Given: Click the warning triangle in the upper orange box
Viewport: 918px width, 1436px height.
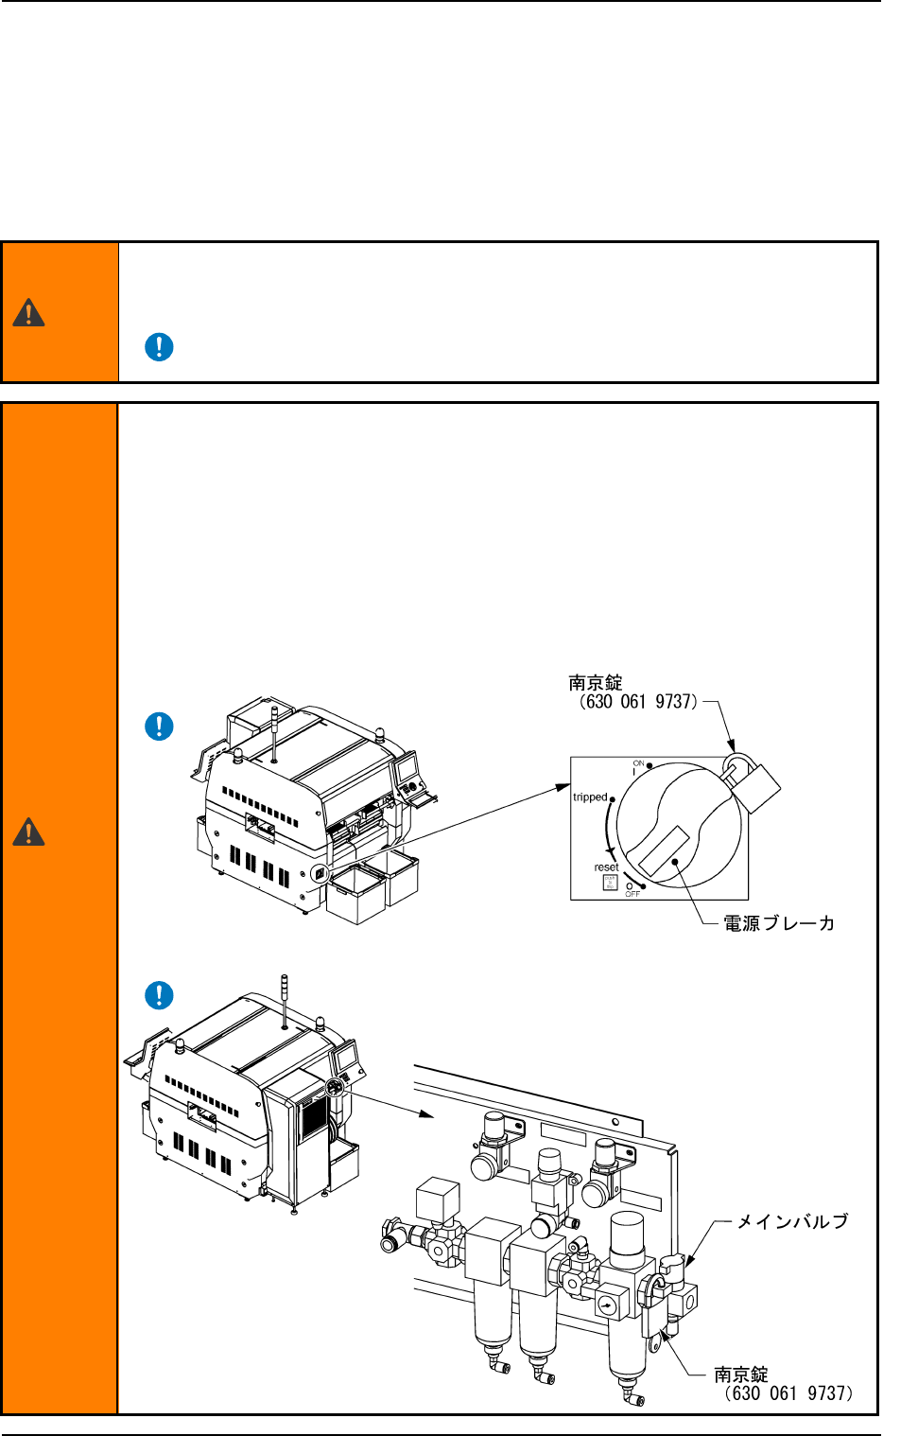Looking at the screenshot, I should [x=28, y=313].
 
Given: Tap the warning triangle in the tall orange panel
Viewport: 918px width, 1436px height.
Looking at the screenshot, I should [x=28, y=832].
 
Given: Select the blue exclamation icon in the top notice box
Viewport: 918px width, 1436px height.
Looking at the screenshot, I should [x=159, y=347].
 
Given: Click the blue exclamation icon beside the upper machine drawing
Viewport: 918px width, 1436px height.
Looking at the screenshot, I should [x=159, y=727].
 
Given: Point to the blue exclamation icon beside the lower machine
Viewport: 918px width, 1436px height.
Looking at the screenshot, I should [x=159, y=995].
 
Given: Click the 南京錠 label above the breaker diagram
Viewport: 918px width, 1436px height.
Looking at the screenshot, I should [x=596, y=683].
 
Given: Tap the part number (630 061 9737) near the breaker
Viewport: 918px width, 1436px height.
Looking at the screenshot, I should [x=638, y=702].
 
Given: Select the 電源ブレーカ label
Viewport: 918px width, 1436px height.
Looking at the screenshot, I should [x=779, y=923].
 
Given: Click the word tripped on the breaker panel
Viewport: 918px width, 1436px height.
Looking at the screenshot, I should [x=590, y=797].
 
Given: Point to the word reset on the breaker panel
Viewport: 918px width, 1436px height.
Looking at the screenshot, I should [x=606, y=867].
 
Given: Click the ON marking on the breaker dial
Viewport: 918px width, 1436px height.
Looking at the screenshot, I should [x=638, y=763].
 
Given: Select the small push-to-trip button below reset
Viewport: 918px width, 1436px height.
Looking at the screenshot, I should [x=610, y=883].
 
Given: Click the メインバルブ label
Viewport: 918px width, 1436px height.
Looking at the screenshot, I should [x=792, y=1222].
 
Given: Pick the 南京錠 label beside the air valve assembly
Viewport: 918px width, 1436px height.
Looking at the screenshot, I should [x=741, y=1375].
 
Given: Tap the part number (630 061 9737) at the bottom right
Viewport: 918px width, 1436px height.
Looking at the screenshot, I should [x=788, y=1393].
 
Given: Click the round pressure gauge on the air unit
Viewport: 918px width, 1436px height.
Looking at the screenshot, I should [x=607, y=1306].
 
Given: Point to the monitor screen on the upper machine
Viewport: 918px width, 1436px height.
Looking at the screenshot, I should [x=407, y=768].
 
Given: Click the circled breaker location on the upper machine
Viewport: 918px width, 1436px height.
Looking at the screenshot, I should [x=320, y=873].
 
